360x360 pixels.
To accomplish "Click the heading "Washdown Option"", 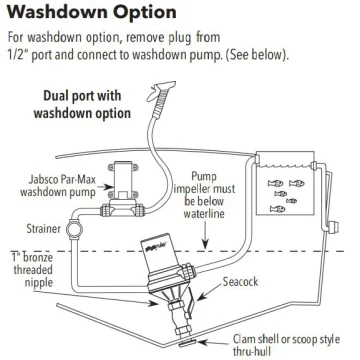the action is pyautogui.click(x=92, y=13).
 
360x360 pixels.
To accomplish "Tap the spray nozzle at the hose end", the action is pyautogui.click(x=161, y=91).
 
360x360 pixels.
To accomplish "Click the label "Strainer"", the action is pyautogui.click(x=44, y=229).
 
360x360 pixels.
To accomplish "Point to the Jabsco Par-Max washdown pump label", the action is pyautogui.click(x=58, y=186).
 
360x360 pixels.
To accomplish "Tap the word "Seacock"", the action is pyautogui.click(x=240, y=282).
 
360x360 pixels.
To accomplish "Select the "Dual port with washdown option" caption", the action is pyautogui.click(x=82, y=104).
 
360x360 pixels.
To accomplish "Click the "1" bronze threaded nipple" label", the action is pyautogui.click(x=32, y=270).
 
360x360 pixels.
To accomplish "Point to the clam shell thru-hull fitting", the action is pyautogui.click(x=187, y=344).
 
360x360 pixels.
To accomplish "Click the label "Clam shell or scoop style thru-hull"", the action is pyautogui.click(x=286, y=345).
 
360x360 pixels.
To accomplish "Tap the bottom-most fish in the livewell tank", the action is pyautogui.click(x=277, y=209).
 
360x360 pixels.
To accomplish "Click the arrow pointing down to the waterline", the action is pyautogui.click(x=206, y=235).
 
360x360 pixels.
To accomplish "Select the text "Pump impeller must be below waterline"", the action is pyautogui.click(x=204, y=195).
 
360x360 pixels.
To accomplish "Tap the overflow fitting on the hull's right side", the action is pyautogui.click(x=332, y=227).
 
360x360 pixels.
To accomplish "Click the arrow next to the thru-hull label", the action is pyautogui.click(x=213, y=343).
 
